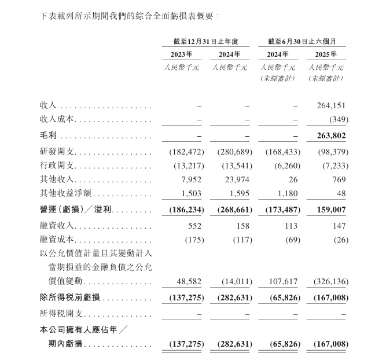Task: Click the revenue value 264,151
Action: coord(332,106)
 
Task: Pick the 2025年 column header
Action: coord(326,54)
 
